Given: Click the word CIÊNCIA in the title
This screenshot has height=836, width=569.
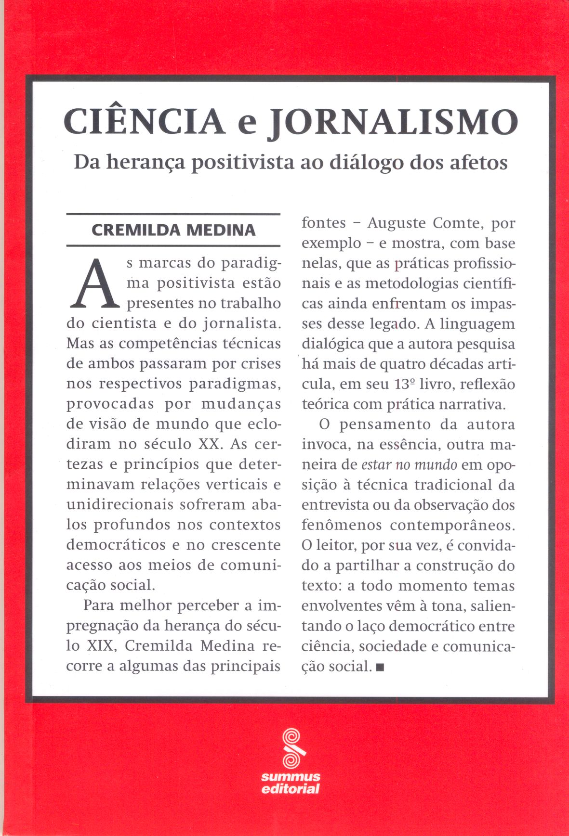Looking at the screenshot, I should (144, 122).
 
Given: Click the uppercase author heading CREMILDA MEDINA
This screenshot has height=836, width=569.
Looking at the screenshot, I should (173, 230).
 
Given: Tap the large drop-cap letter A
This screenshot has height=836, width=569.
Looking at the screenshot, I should (94, 284).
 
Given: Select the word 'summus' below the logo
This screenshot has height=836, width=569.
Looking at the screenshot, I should (291, 777).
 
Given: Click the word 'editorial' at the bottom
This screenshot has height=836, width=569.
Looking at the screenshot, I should (291, 789).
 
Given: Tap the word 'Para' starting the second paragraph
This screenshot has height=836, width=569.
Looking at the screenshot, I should (100, 605).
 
